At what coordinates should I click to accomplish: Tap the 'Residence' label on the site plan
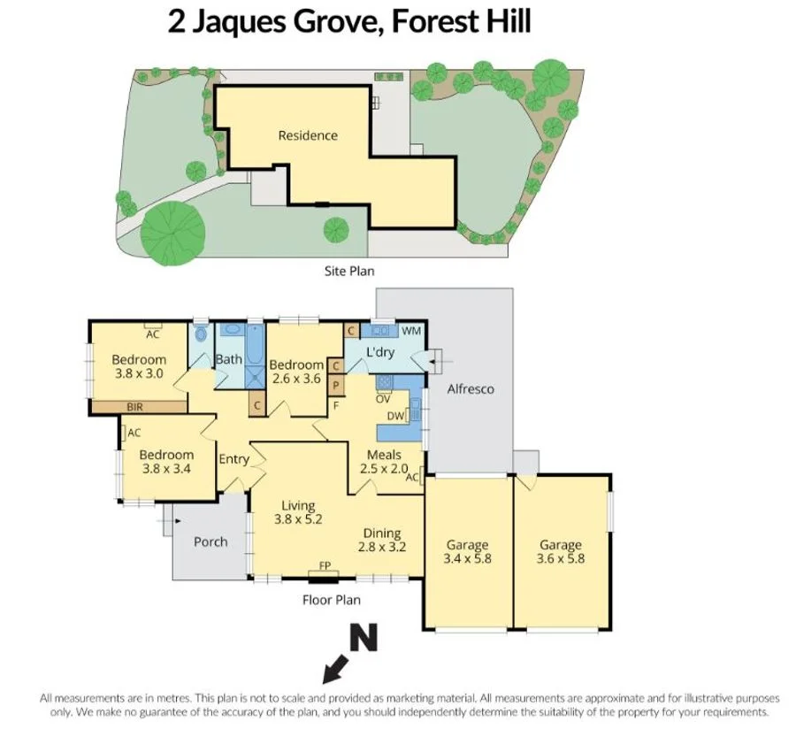coord(308,135)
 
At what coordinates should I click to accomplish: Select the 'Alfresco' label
coord(470,388)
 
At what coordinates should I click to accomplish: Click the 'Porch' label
coord(210,541)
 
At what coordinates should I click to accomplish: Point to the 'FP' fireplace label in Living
coord(325,565)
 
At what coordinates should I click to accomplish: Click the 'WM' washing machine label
coord(411,331)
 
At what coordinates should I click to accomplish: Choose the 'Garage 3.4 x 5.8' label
coord(467,552)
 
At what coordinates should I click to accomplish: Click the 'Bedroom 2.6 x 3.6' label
coord(296,372)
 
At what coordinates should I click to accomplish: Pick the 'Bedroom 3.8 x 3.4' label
coord(166,462)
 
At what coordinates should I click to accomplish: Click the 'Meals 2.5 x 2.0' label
coord(384,462)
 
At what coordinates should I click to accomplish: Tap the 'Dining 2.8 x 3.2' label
coord(381,540)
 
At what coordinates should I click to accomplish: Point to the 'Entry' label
coord(233,458)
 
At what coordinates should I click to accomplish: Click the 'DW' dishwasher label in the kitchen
coord(395,415)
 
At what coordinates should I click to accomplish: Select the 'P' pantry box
coord(336,384)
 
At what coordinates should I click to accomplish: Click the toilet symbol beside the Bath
coord(201,334)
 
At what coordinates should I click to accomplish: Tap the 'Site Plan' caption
coord(351,272)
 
